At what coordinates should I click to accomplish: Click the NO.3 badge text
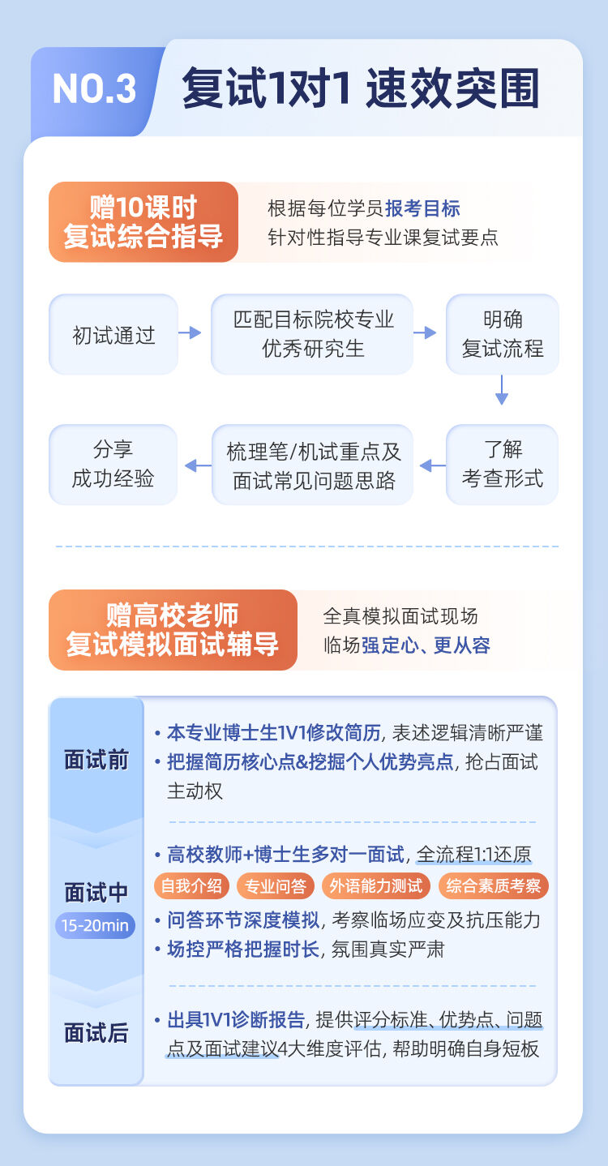click(94, 88)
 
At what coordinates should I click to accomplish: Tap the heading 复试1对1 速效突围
click(360, 88)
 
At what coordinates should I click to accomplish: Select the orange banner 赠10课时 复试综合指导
click(143, 221)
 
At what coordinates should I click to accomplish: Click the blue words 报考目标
click(422, 208)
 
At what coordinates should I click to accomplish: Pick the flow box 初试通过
click(113, 334)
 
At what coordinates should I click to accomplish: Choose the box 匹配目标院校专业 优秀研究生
click(312, 334)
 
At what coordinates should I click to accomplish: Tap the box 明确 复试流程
click(503, 334)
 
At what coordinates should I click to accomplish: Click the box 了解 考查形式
click(503, 465)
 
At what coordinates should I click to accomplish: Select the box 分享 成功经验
click(113, 465)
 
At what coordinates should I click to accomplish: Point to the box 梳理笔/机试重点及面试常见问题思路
click(312, 465)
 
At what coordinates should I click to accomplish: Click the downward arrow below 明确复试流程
click(502, 389)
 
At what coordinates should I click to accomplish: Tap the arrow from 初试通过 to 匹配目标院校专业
click(190, 332)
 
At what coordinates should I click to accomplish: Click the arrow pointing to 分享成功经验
click(198, 465)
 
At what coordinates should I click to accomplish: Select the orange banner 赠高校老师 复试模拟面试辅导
click(173, 630)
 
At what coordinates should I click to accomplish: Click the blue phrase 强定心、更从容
click(426, 645)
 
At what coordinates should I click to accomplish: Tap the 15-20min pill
click(95, 925)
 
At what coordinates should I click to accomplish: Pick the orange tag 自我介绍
click(191, 886)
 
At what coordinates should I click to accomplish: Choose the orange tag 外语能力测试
click(376, 886)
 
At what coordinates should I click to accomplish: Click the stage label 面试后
click(96, 1033)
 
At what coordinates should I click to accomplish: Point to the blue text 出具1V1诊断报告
click(236, 1020)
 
